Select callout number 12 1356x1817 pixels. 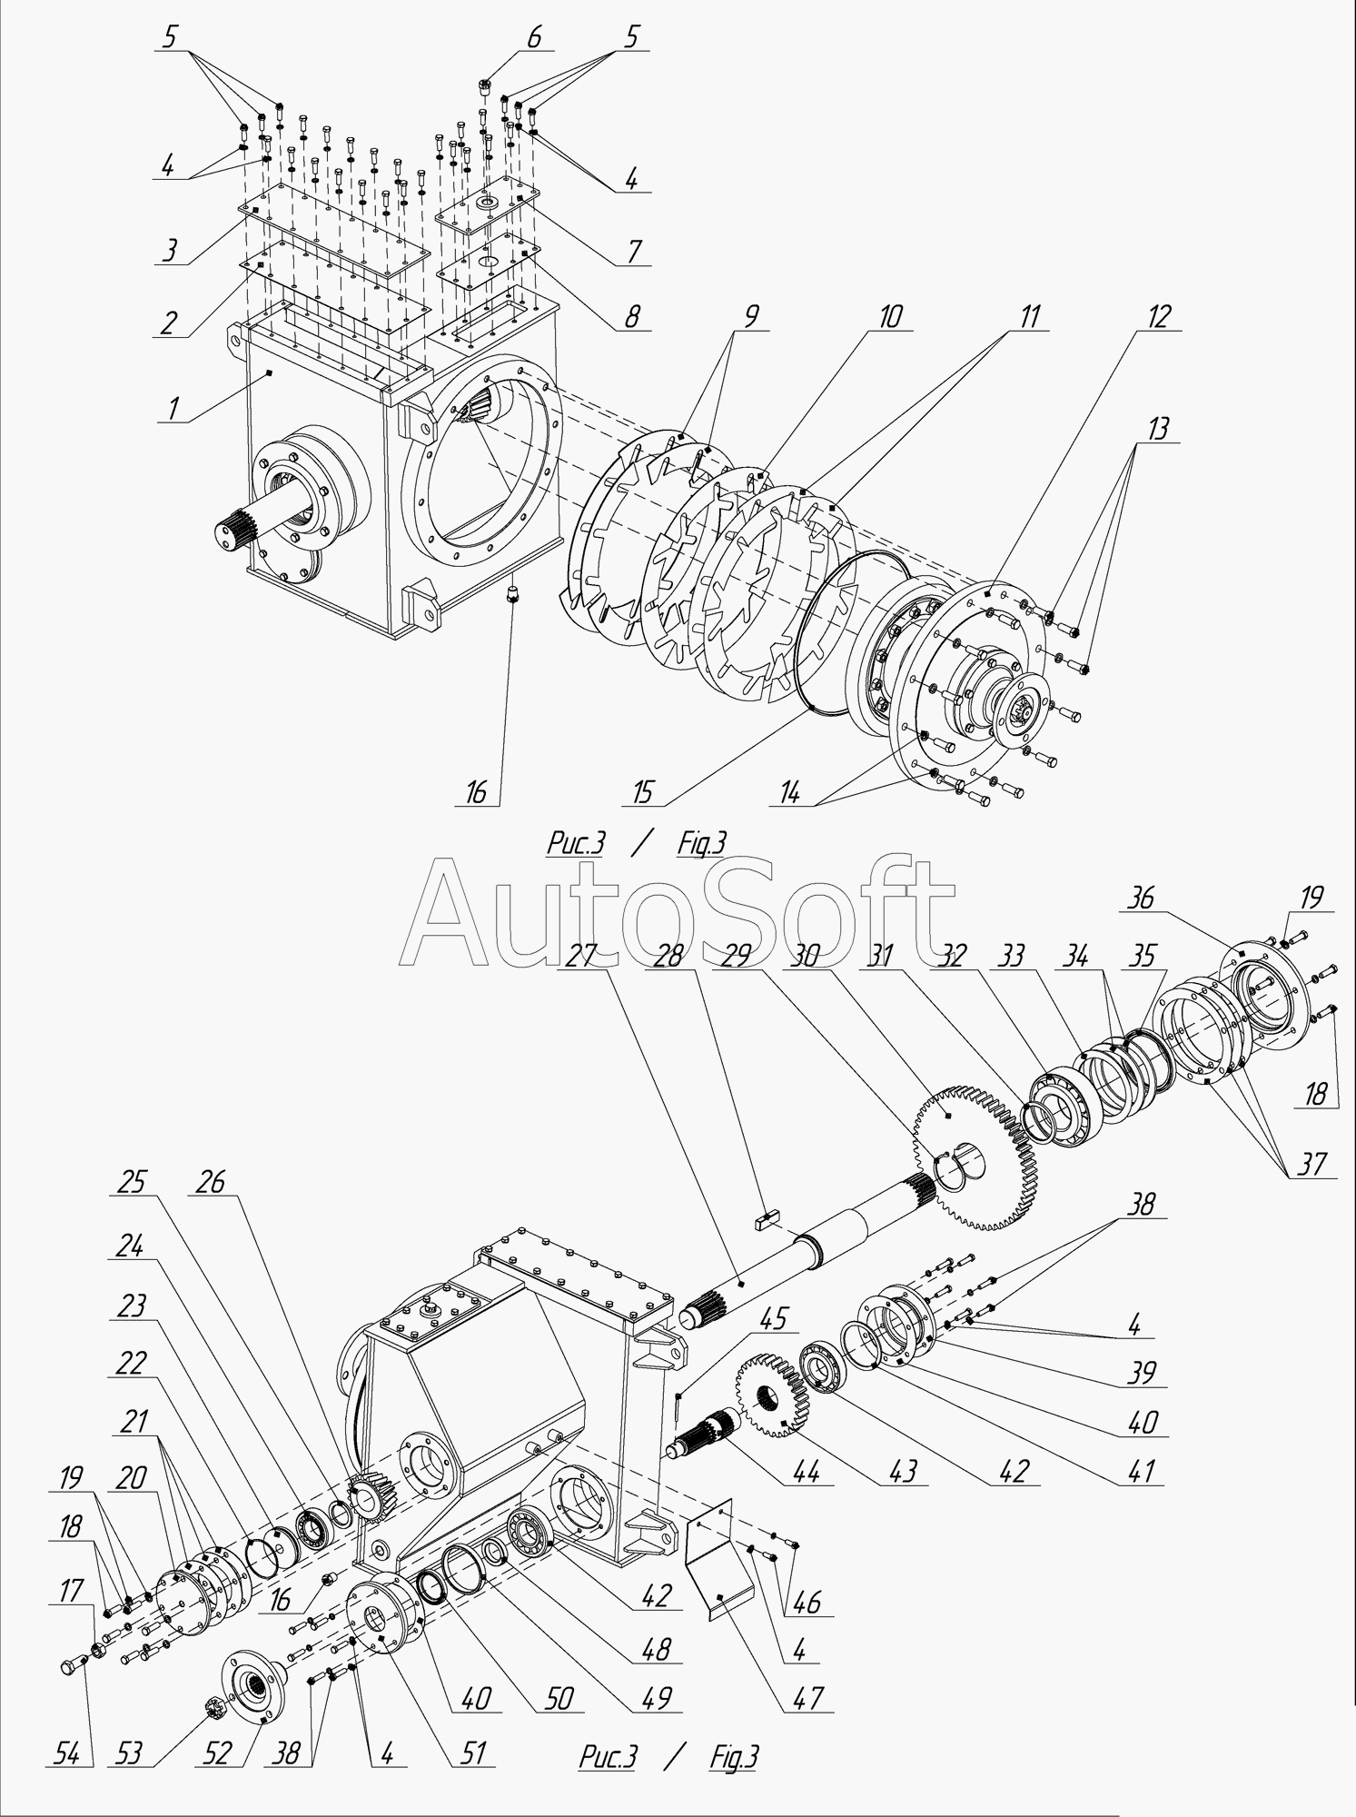(x=1160, y=317)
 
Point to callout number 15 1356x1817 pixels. (x=642, y=792)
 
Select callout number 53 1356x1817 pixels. (x=130, y=1752)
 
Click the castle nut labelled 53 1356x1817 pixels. (x=217, y=1707)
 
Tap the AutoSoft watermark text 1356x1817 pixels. (x=677, y=913)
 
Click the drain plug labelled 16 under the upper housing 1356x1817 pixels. (x=512, y=597)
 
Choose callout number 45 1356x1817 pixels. (x=768, y=1318)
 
